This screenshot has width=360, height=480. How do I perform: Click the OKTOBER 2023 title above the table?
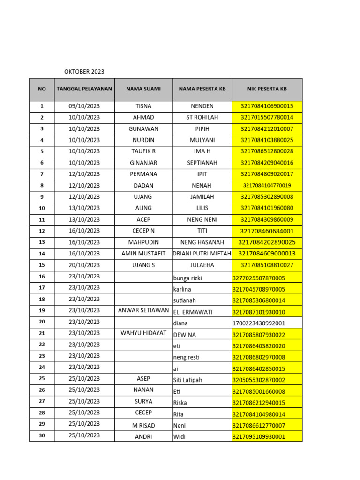pos(84,72)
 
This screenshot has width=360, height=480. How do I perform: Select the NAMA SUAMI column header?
pos(143,89)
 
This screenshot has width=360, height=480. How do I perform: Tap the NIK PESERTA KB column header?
pos(267,89)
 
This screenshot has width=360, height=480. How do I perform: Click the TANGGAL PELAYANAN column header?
pos(84,89)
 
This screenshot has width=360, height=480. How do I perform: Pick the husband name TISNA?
pos(143,106)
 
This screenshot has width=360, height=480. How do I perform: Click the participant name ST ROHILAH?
pos(202,118)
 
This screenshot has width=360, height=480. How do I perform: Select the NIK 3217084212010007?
pos(267,129)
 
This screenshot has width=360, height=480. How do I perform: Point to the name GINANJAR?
pos(143,163)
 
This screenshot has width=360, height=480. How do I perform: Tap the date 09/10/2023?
pos(84,106)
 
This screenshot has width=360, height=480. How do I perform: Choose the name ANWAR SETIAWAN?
pos(143,310)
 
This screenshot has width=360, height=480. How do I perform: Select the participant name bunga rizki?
pos(187,278)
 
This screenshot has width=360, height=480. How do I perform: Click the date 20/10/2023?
pos(84,265)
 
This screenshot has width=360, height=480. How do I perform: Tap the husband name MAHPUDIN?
pos(143,242)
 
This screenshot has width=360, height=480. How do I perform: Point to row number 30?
pos(42,435)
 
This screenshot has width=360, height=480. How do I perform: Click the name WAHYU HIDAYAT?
pos(143,333)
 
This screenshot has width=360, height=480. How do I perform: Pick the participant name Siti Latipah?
pos(187,380)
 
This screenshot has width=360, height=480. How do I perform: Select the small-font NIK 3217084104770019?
pos(267,186)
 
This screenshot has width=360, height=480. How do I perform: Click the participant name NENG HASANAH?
pos(202,242)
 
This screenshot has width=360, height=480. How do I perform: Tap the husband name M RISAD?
pos(143,426)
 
